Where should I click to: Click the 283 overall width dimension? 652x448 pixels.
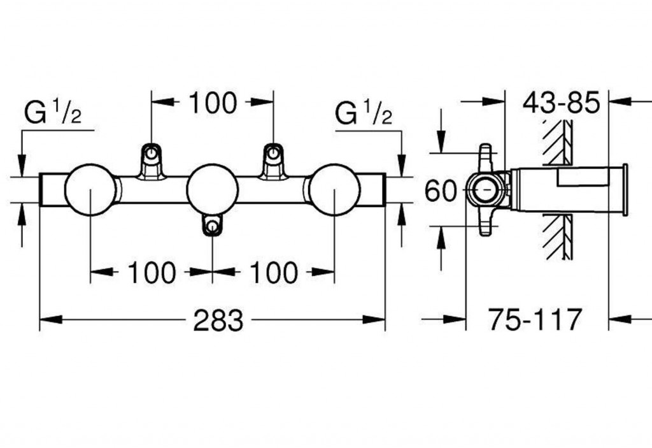click(x=218, y=320)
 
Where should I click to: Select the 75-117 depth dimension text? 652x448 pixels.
click(x=535, y=319)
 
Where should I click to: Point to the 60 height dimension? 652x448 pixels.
click(x=441, y=191)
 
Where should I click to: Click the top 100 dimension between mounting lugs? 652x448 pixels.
click(x=212, y=103)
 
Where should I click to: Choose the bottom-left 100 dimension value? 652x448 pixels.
click(x=152, y=273)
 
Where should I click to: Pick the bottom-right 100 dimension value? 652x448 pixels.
click(x=273, y=273)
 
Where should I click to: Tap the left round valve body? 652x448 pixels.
click(x=90, y=189)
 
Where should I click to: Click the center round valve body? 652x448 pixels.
click(x=212, y=189)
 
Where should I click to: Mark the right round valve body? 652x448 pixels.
click(x=334, y=189)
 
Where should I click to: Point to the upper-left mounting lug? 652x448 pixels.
click(x=152, y=159)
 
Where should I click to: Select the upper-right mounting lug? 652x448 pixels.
click(x=273, y=159)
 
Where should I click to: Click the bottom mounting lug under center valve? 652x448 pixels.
click(x=212, y=225)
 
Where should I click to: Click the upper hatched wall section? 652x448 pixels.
click(x=558, y=141)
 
